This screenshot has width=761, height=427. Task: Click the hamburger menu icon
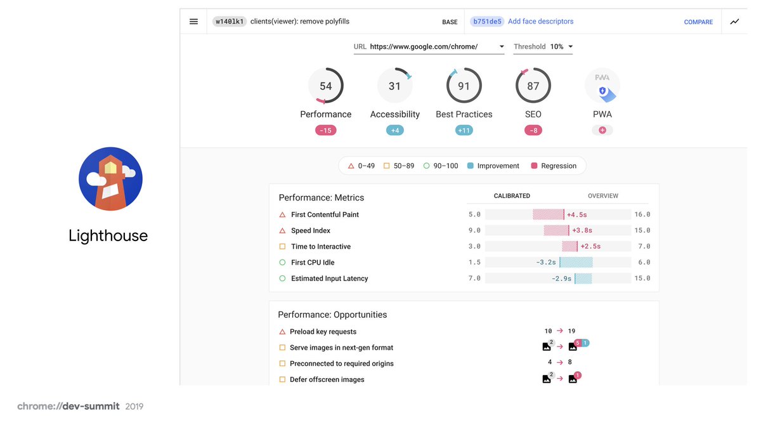pyautogui.click(x=193, y=22)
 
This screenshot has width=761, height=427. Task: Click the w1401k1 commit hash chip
pyautogui.click(x=229, y=22)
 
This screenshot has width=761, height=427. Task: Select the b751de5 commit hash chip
pyautogui.click(x=486, y=22)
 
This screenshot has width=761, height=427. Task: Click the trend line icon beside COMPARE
pyautogui.click(x=734, y=22)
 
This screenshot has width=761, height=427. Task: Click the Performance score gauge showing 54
pyautogui.click(x=325, y=86)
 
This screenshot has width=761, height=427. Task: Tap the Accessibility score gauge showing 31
pyautogui.click(x=394, y=86)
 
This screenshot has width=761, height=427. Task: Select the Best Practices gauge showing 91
pyautogui.click(x=464, y=86)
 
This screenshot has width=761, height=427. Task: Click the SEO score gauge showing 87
pyautogui.click(x=533, y=86)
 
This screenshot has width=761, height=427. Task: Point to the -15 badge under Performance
pyautogui.click(x=325, y=131)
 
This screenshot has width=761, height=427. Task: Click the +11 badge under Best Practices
pyautogui.click(x=464, y=131)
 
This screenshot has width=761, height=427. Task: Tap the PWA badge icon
pyautogui.click(x=602, y=86)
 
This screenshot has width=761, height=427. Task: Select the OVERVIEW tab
pyautogui.click(x=602, y=196)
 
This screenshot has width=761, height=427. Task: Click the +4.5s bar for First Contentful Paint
pyautogui.click(x=548, y=214)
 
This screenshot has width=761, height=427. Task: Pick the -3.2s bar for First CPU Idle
pyautogui.click(x=576, y=262)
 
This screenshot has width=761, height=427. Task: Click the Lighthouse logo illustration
pyautogui.click(x=110, y=179)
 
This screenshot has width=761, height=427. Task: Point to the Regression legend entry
pyautogui.click(x=553, y=166)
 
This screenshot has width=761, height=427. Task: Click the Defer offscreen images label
pyautogui.click(x=327, y=379)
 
